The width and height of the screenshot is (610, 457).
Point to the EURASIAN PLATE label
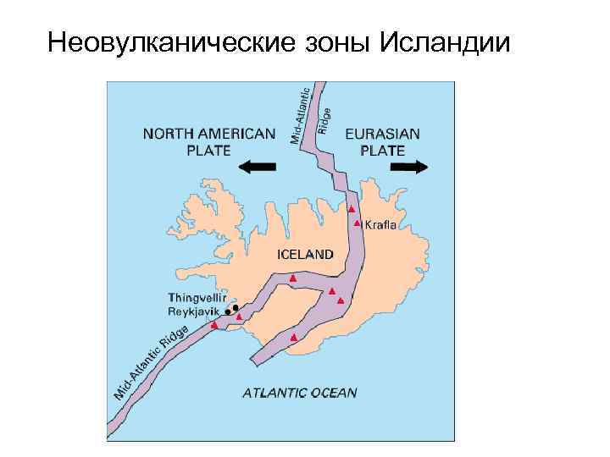383,141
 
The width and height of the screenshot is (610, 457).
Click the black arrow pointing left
258,167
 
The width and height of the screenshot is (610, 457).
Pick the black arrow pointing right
409,167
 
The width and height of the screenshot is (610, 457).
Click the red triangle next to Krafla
358,223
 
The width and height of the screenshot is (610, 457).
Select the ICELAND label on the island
306,253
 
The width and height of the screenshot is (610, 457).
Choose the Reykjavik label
194,311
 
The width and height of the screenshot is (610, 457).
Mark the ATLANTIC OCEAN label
300,392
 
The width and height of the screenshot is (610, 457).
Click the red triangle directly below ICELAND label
292,278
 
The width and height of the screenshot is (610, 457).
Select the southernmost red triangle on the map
293,338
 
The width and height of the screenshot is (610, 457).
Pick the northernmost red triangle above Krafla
352,208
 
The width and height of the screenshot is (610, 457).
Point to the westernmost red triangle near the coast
214,324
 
